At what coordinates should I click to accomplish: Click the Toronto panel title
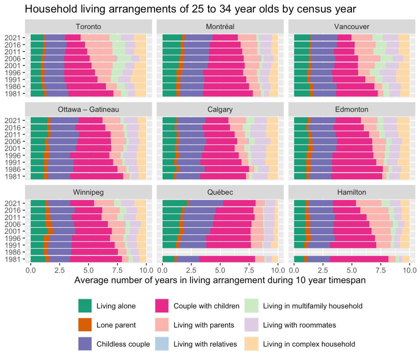coord(88,27)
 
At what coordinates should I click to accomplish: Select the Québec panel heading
coord(220,192)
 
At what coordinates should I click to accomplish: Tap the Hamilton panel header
coord(352,192)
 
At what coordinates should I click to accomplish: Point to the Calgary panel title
coord(220,110)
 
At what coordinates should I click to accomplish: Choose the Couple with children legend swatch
coord(163,306)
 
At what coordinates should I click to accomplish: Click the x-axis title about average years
coord(220,280)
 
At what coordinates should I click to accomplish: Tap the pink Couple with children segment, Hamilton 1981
coord(359,259)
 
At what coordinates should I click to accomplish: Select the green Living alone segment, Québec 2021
coord(174,203)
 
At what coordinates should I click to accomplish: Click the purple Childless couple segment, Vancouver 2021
coord(324,38)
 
